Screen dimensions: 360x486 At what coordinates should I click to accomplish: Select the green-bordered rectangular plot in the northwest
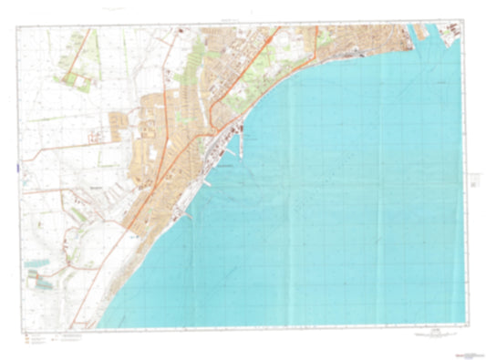(77, 79)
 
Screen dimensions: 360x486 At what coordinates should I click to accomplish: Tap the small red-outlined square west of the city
(94, 137)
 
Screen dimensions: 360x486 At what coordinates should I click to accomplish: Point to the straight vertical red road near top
(316, 40)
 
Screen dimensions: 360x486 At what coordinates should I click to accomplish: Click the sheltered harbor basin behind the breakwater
(233, 146)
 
